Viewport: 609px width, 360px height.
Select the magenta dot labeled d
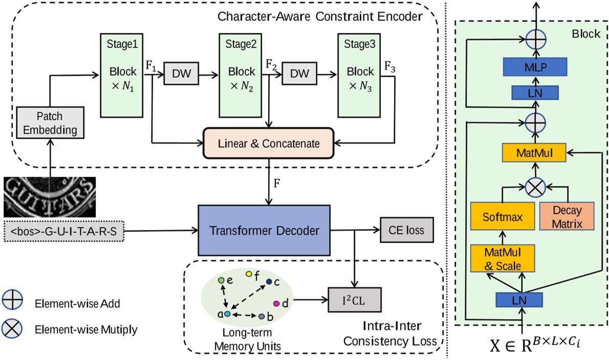pyautogui.click(x=276, y=304)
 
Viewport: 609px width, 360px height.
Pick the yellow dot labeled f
pyautogui.click(x=249, y=275)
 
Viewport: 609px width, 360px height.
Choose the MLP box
pyautogui.click(x=535, y=67)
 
